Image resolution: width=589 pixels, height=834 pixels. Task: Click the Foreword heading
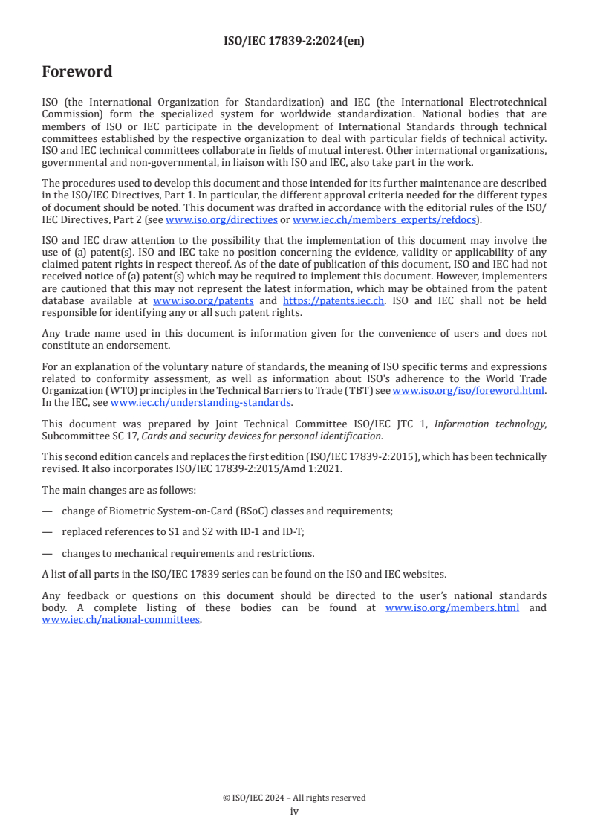pyautogui.click(x=77, y=72)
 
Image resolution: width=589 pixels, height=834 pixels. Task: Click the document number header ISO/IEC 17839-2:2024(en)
pyautogui.click(x=294, y=42)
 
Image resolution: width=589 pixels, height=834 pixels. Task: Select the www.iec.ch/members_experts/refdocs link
pyautogui.click(x=384, y=220)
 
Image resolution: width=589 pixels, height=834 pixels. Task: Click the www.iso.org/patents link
pyautogui.click(x=203, y=301)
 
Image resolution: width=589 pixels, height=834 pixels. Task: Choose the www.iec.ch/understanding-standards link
pyautogui.click(x=201, y=402)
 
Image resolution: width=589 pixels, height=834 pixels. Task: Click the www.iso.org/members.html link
pyautogui.click(x=452, y=608)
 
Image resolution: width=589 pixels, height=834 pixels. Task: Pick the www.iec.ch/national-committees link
pyautogui.click(x=121, y=619)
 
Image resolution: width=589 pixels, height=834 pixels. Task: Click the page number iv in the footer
pyautogui.click(x=294, y=811)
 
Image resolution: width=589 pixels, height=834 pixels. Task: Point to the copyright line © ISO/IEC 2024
pyautogui.click(x=294, y=798)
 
